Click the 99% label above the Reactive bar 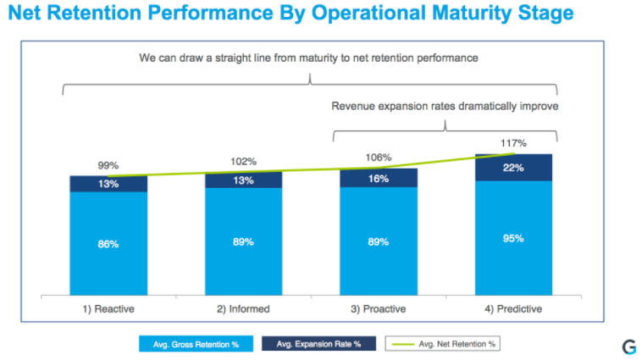coord(108,164)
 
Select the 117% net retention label coord(513,143)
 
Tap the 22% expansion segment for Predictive coord(513,168)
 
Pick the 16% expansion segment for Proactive coord(379,179)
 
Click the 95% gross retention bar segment coord(513,238)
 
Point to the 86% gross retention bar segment coord(108,244)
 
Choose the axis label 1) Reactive coord(108,308)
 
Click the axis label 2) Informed coord(243,308)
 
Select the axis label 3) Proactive coord(379,308)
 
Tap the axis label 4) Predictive coord(513,308)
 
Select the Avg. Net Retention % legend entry coord(446,344)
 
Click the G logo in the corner coord(628,346)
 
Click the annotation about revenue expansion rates coord(445,106)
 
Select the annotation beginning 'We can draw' coord(309,58)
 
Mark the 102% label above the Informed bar coord(243,161)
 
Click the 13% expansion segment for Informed coord(243,180)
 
